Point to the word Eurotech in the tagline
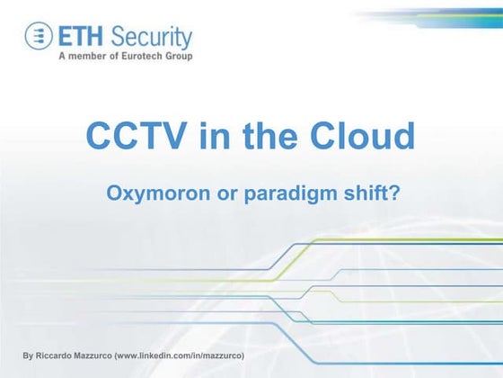pyautogui.click(x=135, y=56)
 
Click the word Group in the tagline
pyautogui.click(x=176, y=56)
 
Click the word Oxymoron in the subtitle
pyautogui.click(x=148, y=192)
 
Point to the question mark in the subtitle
pyautogui.click(x=393, y=192)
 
